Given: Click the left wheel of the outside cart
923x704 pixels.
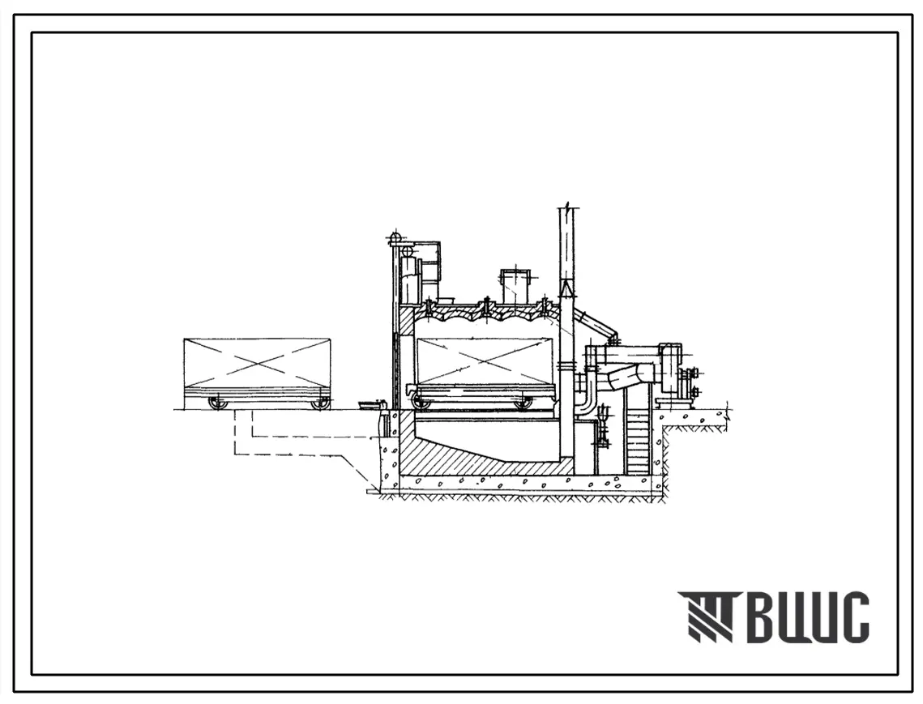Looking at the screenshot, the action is pyautogui.click(x=218, y=403).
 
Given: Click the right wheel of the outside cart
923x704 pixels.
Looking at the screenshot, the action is pyautogui.click(x=321, y=403).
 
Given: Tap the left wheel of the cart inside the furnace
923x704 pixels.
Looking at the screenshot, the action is pyautogui.click(x=421, y=403).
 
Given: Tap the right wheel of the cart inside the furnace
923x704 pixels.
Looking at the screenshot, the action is pyautogui.click(x=521, y=403).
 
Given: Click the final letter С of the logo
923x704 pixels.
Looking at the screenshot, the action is pyautogui.click(x=853, y=617).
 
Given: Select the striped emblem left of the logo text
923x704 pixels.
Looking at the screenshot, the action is pyautogui.click(x=707, y=617).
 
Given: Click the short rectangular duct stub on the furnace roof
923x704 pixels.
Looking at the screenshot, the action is pyautogui.click(x=515, y=287).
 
